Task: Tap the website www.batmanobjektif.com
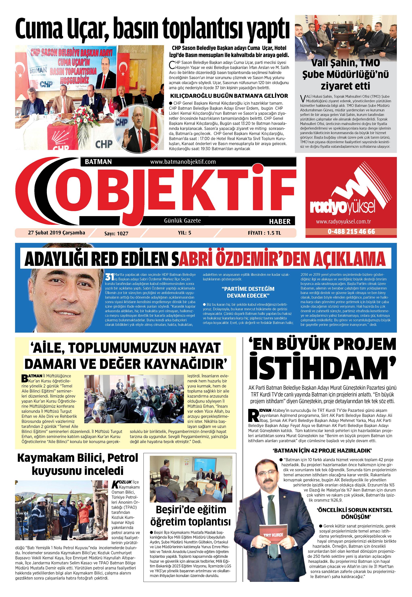pos(183,162)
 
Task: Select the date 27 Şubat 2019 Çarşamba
pos(56,232)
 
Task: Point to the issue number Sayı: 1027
pos(116,233)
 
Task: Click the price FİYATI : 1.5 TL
pos(264,233)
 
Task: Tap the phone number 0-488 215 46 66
pos(351,231)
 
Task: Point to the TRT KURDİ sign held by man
pos(273,534)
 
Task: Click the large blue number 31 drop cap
pos(109,277)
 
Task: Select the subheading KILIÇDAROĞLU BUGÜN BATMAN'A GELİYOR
pos(228,96)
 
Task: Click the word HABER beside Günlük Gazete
pos(280,221)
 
